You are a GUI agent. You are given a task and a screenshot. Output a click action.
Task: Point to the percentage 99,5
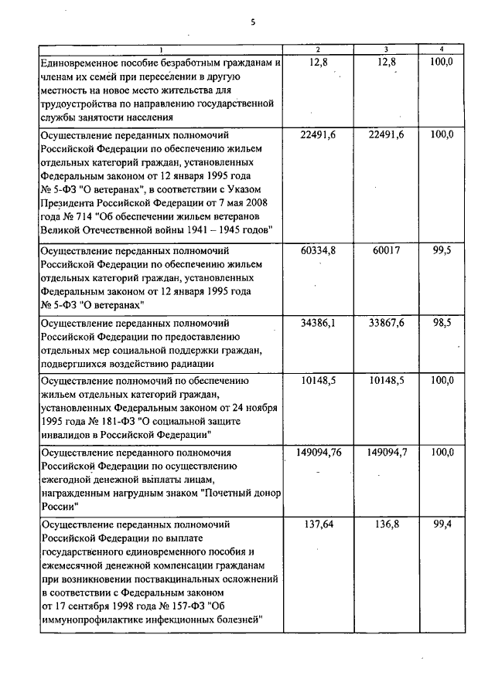coord(441,251)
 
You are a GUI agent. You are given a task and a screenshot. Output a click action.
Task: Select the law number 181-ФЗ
coord(122,422)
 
